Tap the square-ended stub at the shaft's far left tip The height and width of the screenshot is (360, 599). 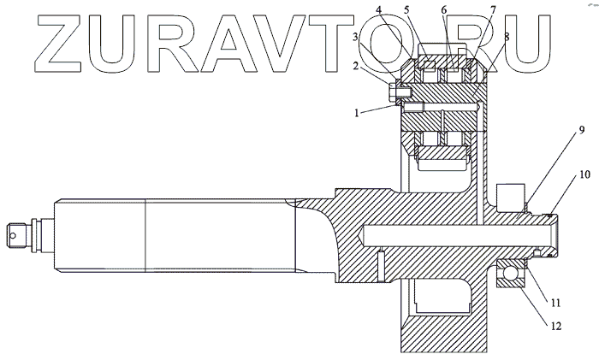[15, 232]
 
